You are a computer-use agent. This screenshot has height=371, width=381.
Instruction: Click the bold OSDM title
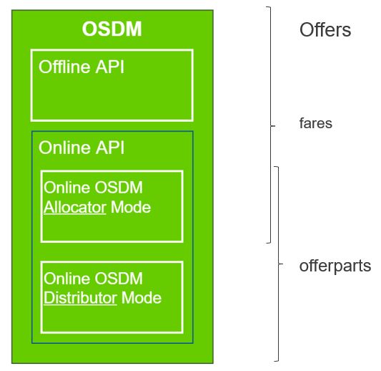[112, 29]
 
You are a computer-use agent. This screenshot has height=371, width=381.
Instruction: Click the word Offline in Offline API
[64, 67]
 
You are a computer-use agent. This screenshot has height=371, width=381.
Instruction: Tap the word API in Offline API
[110, 67]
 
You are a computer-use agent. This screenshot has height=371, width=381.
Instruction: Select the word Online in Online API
[64, 148]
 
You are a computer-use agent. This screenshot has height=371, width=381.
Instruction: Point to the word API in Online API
[110, 148]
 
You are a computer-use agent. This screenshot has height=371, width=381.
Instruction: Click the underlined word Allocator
[75, 208]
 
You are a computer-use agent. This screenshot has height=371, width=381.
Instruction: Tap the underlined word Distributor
[81, 298]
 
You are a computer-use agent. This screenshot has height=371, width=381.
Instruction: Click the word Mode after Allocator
[131, 208]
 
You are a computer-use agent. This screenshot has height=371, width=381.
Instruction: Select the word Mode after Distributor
[142, 298]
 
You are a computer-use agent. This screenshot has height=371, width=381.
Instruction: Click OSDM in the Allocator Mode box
[119, 188]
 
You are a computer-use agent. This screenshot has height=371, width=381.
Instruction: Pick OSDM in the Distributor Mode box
[119, 279]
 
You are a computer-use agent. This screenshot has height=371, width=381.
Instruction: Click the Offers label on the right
[325, 30]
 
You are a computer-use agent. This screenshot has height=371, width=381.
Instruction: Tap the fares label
[316, 123]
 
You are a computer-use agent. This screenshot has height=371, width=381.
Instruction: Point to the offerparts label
[335, 266]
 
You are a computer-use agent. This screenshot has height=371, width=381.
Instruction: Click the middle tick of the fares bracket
[273, 126]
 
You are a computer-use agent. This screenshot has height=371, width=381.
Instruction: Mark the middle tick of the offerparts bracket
[281, 264]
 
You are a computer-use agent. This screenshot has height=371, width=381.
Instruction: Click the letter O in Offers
[307, 30]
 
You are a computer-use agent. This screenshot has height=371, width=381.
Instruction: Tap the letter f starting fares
[302, 123]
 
